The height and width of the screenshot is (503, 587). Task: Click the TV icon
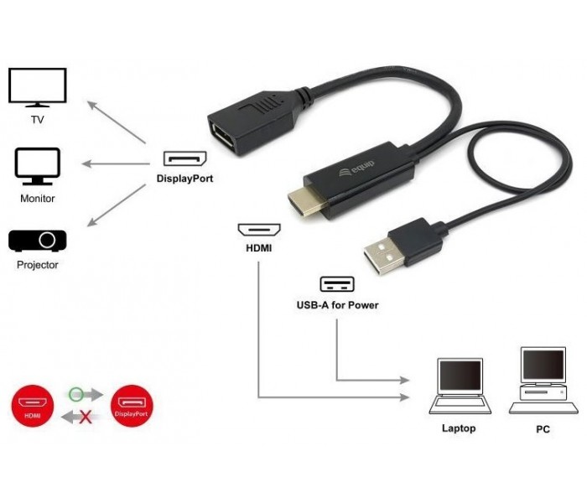[x=38, y=87]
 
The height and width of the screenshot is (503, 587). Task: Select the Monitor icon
[x=38, y=167]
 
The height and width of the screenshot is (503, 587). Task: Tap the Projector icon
[x=38, y=241]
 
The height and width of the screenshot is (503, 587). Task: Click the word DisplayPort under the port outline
[x=185, y=179]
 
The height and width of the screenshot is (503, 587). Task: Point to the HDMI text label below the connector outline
[x=258, y=248]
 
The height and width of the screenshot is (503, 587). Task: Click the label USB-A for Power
[x=337, y=305]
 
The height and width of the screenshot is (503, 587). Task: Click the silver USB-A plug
[x=384, y=256]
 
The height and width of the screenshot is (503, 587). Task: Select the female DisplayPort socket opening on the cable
[x=222, y=139]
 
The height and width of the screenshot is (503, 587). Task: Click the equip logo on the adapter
[x=356, y=169]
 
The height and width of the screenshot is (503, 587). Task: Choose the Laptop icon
[x=460, y=386]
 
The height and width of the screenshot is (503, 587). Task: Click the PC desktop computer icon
[x=543, y=381]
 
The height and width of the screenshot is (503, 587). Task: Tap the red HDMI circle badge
[x=33, y=406]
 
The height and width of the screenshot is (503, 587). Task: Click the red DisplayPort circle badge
[x=132, y=406]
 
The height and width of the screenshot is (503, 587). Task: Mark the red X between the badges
[x=86, y=417]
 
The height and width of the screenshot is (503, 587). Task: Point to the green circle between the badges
[x=76, y=394]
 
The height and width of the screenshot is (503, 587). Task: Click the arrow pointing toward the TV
[x=117, y=122]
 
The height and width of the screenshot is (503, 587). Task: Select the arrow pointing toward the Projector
[x=117, y=205]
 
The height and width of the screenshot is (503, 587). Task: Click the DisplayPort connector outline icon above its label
[x=185, y=158]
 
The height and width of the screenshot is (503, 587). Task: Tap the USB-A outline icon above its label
[x=337, y=284]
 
